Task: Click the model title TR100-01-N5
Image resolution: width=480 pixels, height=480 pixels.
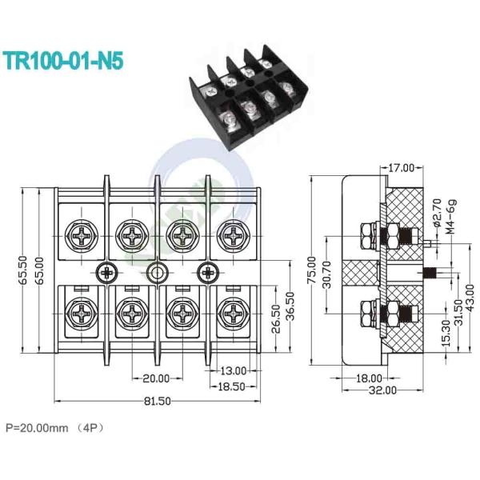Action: pyautogui.click(x=63, y=61)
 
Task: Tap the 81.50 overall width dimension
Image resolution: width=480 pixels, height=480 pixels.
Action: pyautogui.click(x=158, y=401)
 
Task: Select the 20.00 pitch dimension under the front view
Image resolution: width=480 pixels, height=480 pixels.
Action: pyautogui.click(x=156, y=378)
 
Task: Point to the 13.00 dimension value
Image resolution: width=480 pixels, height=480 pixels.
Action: pyautogui.click(x=234, y=371)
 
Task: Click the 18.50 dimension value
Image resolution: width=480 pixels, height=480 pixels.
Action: pyautogui.click(x=232, y=386)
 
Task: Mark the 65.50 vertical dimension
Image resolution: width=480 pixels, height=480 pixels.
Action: pyautogui.click(x=23, y=270)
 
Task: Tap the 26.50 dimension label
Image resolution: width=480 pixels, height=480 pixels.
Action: pyautogui.click(x=276, y=318)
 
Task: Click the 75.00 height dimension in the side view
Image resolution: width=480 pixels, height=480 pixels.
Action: pyautogui.click(x=312, y=270)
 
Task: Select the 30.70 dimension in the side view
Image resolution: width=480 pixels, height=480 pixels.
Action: pyautogui.click(x=326, y=275)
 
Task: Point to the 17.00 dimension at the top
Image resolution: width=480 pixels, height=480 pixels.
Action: pyautogui.click(x=401, y=168)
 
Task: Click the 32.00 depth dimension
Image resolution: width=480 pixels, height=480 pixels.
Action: pyautogui.click(x=382, y=390)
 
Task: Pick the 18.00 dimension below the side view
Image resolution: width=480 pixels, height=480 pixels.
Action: pyautogui.click(x=369, y=378)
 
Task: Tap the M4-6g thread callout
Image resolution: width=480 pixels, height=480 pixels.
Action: pyautogui.click(x=451, y=217)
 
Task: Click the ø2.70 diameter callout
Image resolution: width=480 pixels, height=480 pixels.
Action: pyautogui.click(x=438, y=213)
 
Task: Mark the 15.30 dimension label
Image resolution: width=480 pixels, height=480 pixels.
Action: pyautogui.click(x=446, y=333)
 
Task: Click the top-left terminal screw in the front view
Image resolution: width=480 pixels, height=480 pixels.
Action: pyautogui.click(x=82, y=236)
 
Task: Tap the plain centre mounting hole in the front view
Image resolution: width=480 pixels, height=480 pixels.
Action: pyautogui.click(x=157, y=272)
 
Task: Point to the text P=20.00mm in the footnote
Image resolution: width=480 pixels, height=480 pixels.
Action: pyautogui.click(x=37, y=428)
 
